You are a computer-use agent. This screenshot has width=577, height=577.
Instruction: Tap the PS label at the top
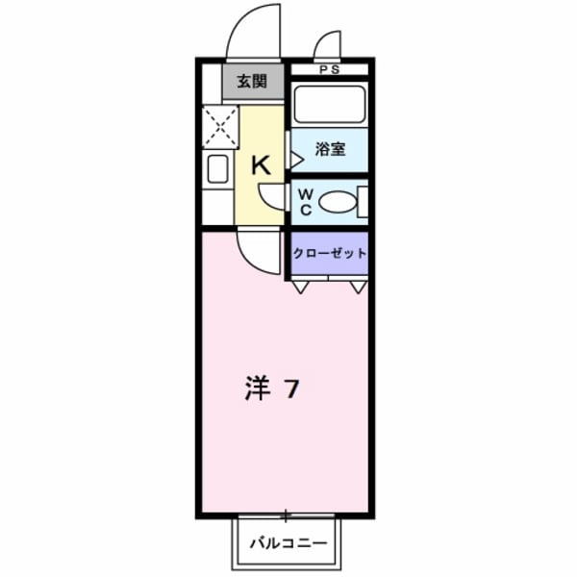330,69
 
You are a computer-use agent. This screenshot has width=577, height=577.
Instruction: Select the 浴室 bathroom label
330,150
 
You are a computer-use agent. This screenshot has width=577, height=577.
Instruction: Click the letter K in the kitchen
261,164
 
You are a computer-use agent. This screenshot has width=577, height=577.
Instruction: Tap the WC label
304,202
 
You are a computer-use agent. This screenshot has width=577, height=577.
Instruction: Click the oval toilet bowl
336,203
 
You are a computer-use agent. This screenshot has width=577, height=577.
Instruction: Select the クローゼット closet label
330,253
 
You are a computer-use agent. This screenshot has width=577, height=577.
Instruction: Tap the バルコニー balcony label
288,543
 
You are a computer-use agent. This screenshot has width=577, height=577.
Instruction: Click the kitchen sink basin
217,169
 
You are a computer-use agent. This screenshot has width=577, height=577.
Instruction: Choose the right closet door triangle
359,286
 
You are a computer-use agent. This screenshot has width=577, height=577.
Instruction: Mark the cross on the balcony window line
286,516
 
